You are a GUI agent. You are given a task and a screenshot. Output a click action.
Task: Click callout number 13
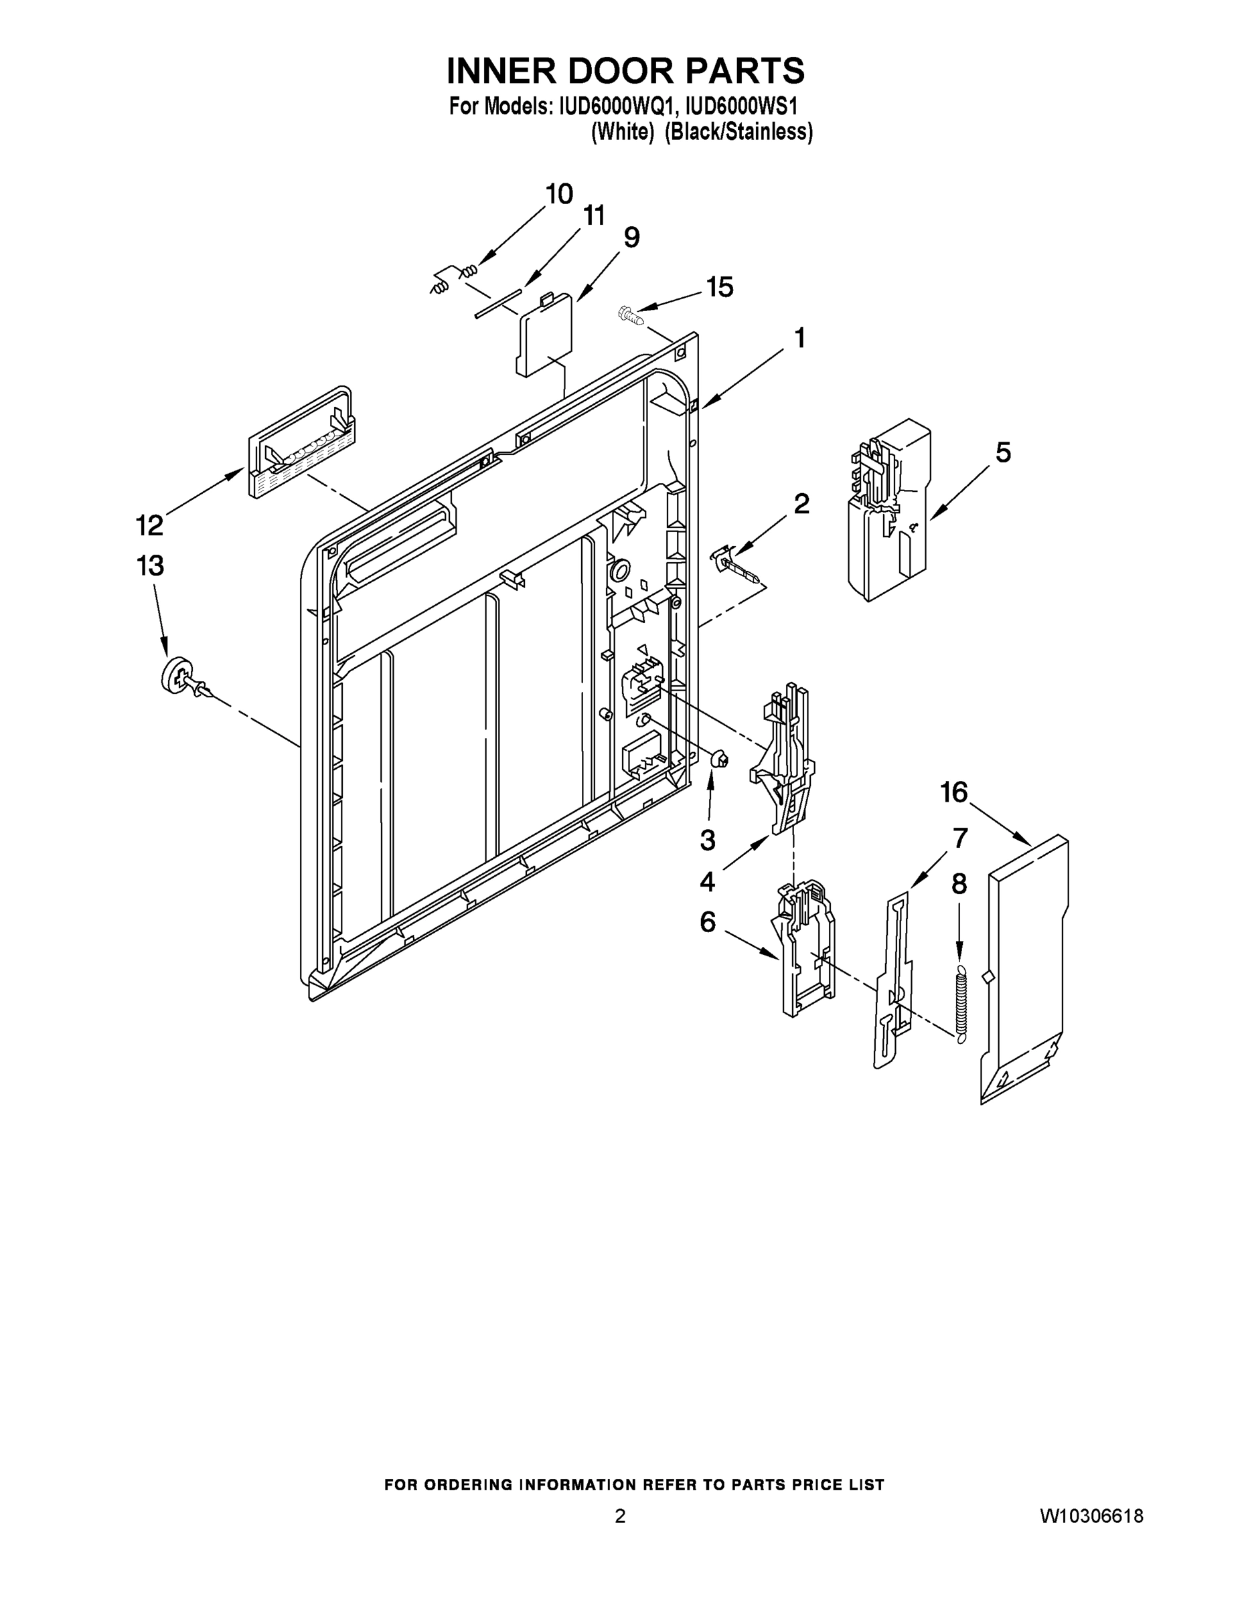tap(149, 566)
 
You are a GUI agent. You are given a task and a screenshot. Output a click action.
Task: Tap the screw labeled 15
tap(630, 315)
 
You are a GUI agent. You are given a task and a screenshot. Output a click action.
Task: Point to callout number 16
tap(953, 793)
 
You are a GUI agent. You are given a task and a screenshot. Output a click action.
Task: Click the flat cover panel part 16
tap(1024, 971)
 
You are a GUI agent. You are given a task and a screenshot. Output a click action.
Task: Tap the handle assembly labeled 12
tap(300, 445)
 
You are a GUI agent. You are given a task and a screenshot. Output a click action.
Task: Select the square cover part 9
tap(546, 335)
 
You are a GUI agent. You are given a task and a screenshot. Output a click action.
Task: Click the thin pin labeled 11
tap(497, 303)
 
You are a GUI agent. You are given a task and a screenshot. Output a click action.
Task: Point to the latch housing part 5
tap(889, 511)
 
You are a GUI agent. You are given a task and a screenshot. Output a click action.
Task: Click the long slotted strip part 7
tap(892, 978)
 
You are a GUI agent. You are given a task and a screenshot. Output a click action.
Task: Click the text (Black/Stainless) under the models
tap(739, 132)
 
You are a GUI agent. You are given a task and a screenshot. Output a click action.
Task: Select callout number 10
tap(559, 194)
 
